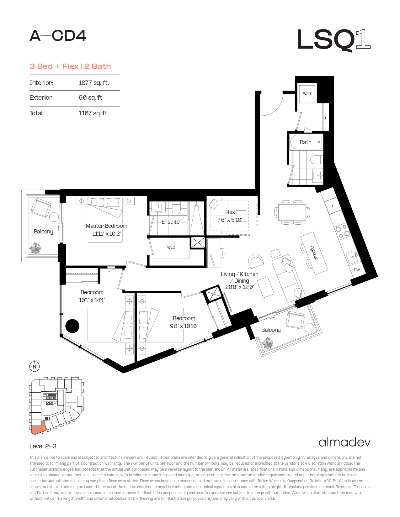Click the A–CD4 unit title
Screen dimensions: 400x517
point(58,36)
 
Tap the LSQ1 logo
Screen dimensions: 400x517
point(334,40)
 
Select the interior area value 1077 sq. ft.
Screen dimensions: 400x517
point(93,83)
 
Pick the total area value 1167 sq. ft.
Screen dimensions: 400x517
point(93,113)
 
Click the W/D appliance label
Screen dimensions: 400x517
point(307,94)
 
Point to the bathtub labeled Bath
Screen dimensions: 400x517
point(307,142)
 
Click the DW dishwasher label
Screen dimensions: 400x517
point(357,270)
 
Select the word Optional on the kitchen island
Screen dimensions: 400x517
point(314,253)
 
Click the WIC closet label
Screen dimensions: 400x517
point(171,248)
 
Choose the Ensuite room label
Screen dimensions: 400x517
point(171,222)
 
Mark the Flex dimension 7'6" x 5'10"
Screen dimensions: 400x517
point(230,220)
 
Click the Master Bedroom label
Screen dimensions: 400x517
point(106,226)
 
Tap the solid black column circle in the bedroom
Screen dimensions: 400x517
point(72,326)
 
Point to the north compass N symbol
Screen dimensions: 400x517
point(35,367)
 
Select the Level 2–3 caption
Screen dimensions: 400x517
point(43,446)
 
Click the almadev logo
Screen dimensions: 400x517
point(344,442)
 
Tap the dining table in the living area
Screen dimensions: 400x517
point(292,213)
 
